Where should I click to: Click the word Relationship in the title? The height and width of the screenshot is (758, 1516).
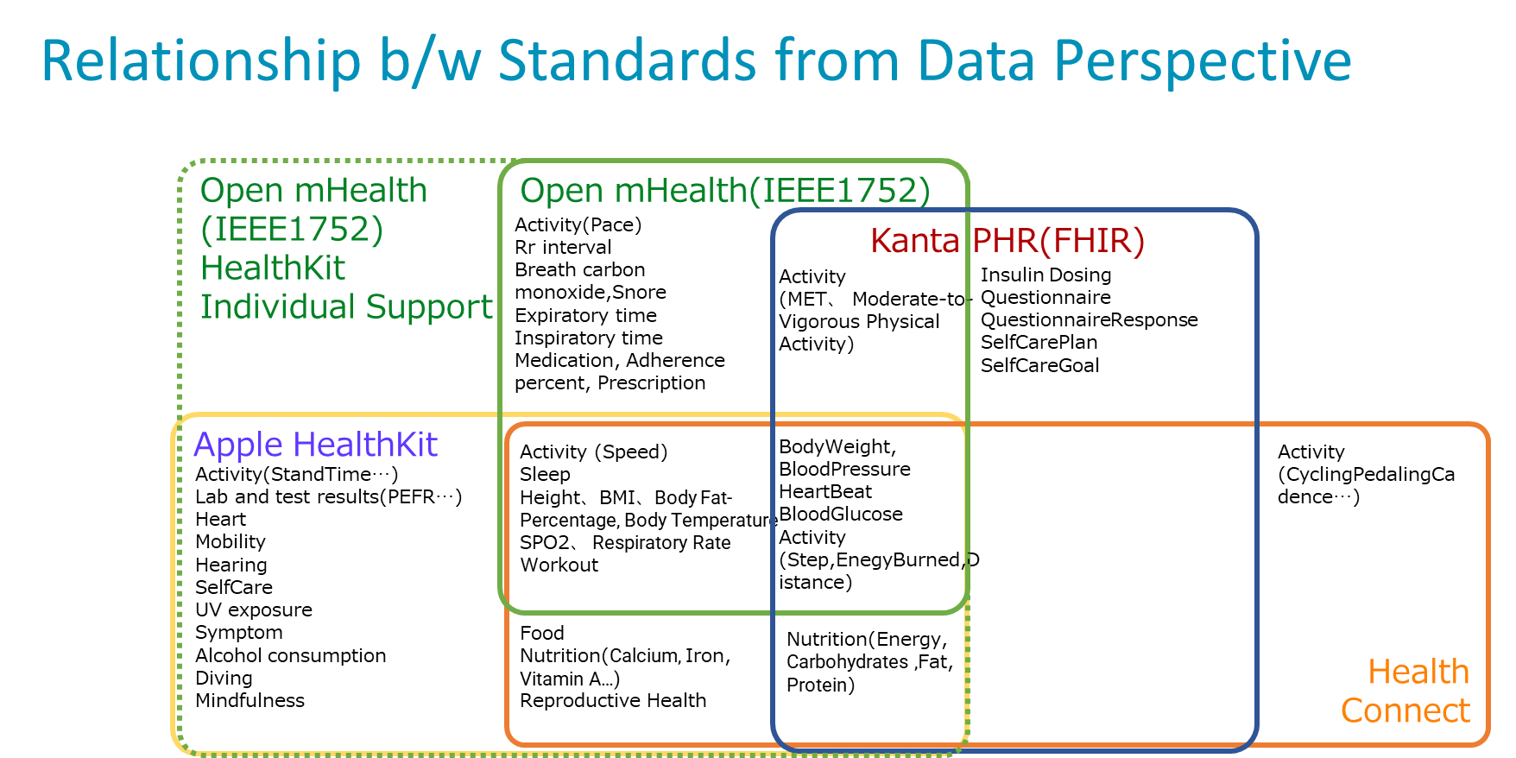click(x=200, y=61)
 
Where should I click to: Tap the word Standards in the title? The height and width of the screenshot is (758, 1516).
click(x=627, y=61)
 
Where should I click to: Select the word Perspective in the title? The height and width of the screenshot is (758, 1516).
click(x=1202, y=61)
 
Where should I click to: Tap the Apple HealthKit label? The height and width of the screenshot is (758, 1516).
click(x=315, y=445)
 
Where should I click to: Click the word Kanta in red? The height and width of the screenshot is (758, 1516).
click(x=914, y=240)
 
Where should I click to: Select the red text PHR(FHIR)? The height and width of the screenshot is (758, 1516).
click(x=1058, y=240)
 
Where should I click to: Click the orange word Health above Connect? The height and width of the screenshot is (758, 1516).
click(x=1418, y=672)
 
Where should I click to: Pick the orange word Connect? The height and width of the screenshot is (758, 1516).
click(x=1405, y=711)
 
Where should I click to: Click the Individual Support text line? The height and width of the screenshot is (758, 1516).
click(x=346, y=307)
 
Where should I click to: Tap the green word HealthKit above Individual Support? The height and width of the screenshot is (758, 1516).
click(x=273, y=268)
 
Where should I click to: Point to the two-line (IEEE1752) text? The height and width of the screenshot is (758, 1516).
click(x=292, y=230)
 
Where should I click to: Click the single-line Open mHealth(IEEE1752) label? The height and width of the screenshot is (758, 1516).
click(x=724, y=191)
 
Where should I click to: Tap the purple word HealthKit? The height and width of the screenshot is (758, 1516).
click(x=365, y=445)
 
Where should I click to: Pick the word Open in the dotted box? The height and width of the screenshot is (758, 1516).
click(x=242, y=191)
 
